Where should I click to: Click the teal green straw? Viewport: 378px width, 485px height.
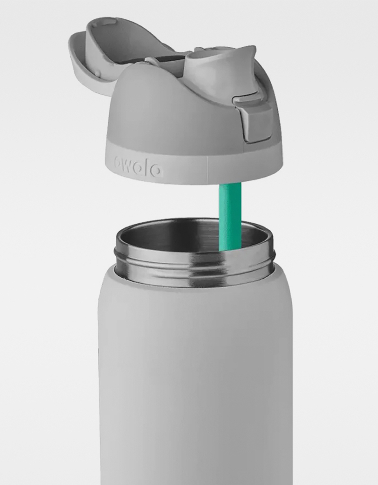pos(230,212)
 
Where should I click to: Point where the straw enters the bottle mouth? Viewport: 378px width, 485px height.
pos(230,248)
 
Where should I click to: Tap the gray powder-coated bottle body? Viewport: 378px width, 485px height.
pos(194,377)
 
